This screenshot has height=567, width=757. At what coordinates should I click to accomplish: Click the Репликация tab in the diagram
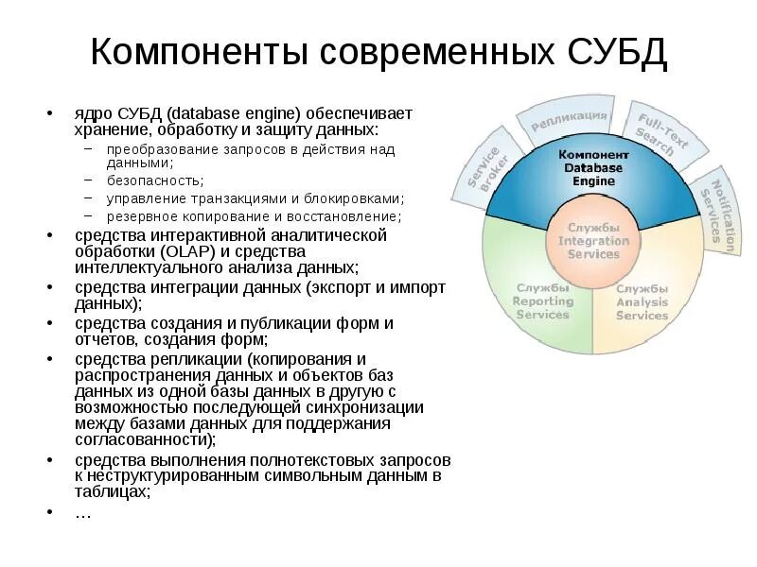coord(569,120)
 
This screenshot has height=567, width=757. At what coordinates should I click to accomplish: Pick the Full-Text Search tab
coord(655,135)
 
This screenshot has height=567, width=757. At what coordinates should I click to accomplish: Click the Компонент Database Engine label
coord(593,167)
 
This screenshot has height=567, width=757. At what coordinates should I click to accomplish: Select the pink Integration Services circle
coord(593,241)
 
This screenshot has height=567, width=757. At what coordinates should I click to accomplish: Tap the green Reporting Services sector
coord(542,301)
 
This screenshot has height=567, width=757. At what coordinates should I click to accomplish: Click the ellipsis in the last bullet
coord(82,512)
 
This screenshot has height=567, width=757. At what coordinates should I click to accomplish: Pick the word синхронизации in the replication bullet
coord(373,407)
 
